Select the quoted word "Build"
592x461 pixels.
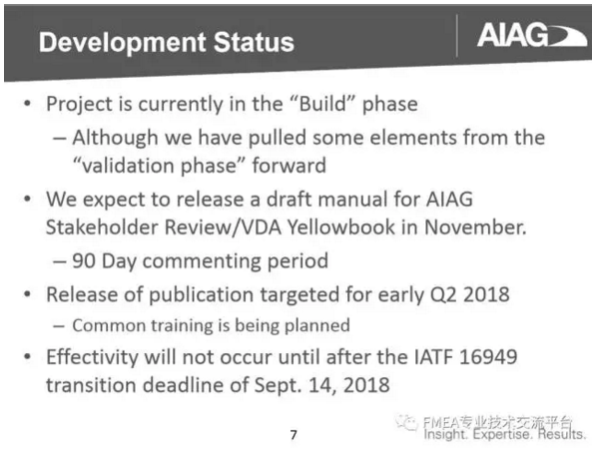pyautogui.click(x=341, y=105)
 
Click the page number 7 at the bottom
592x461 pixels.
pyautogui.click(x=293, y=435)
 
